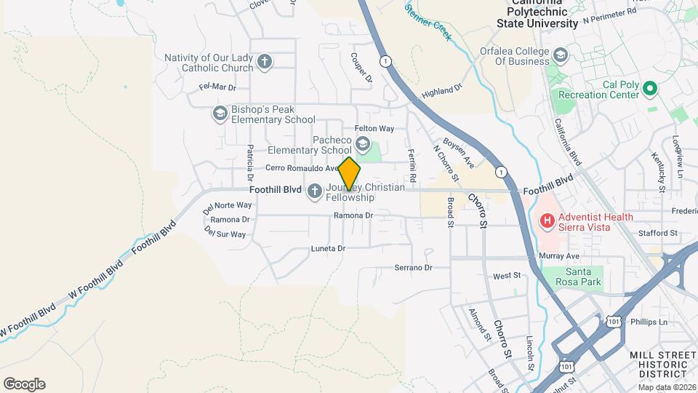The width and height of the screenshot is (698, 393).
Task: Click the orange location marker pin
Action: [349, 174]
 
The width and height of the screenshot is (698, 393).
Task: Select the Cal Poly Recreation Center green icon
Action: [651, 90]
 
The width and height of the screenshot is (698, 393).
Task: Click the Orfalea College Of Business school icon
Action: [561, 55]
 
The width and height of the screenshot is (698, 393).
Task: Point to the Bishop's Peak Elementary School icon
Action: [220, 114]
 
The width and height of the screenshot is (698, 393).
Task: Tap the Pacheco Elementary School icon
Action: [362, 145]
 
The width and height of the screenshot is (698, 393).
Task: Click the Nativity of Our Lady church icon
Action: [265, 62]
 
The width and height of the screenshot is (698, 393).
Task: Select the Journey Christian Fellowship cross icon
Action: [314, 191]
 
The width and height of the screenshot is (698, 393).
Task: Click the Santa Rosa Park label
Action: [579, 276]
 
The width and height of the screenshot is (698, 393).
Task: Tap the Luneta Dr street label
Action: [327, 248]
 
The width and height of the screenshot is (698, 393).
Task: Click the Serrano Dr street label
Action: [413, 267]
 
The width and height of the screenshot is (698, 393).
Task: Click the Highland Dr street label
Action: [442, 90]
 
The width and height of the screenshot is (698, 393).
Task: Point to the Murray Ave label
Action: [559, 256]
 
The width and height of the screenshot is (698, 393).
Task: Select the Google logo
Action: [24, 384]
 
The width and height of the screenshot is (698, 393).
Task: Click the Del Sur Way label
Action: [225, 234]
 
